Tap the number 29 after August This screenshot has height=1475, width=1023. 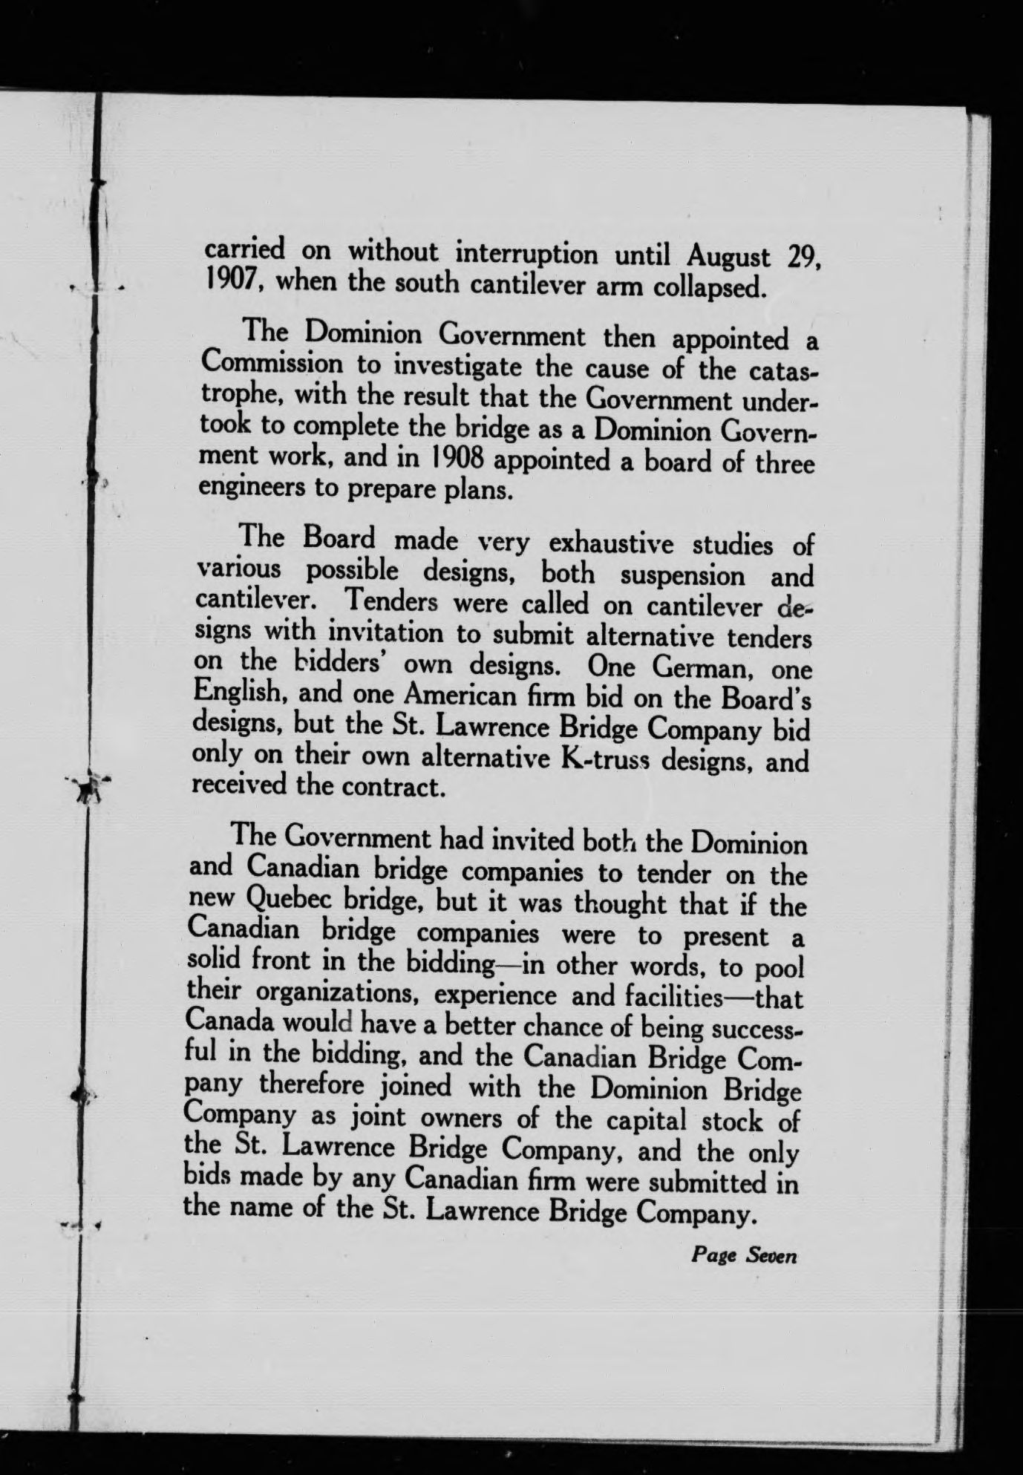(802, 260)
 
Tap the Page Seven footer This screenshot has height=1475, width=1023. (744, 1255)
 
